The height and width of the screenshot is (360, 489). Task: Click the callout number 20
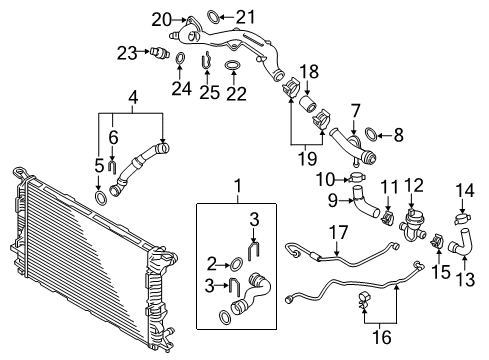click(161, 20)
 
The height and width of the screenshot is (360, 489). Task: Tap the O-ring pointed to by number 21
click(213, 17)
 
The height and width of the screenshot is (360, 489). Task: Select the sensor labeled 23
click(160, 52)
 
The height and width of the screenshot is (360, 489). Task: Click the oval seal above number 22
click(233, 65)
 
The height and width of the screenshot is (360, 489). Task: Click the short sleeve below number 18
click(307, 103)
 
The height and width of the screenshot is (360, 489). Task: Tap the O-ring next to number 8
click(372, 134)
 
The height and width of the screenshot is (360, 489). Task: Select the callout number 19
click(307, 158)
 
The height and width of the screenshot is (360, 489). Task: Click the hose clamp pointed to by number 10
click(357, 177)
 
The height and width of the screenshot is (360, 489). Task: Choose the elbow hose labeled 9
click(364, 201)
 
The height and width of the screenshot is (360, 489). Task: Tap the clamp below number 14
click(462, 219)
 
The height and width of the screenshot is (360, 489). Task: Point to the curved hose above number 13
click(461, 242)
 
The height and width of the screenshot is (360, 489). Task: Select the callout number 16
click(382, 337)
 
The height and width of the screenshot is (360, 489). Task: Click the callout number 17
click(339, 232)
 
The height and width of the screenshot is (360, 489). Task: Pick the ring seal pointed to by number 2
click(236, 263)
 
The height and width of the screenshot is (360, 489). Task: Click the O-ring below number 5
click(101, 198)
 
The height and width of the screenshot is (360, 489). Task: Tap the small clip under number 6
click(112, 167)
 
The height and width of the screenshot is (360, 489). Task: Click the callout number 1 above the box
click(238, 186)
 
